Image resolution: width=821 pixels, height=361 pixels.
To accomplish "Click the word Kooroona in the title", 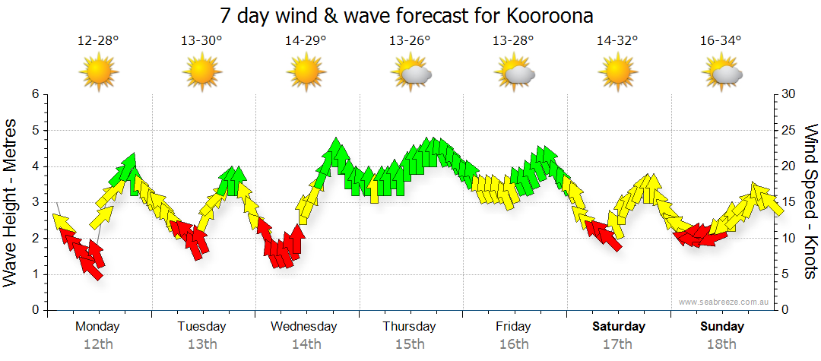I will click(x=545, y=15).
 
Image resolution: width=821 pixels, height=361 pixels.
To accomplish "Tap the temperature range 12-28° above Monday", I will click(x=98, y=41).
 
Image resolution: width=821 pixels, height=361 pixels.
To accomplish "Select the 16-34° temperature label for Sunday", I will click(x=721, y=41).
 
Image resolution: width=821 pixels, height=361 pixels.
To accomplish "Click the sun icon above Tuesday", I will click(x=202, y=73).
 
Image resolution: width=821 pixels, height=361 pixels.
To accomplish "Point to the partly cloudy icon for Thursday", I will click(x=411, y=73).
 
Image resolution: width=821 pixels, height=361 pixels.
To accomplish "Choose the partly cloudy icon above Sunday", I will click(x=722, y=73).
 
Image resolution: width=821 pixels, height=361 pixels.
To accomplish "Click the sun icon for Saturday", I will click(x=617, y=73).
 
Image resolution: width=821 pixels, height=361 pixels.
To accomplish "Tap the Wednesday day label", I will click(x=304, y=327).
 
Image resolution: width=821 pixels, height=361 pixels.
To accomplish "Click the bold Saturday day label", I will click(x=619, y=327).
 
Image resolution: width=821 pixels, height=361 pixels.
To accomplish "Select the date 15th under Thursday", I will click(x=410, y=344).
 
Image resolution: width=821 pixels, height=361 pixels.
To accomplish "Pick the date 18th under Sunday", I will click(x=722, y=344).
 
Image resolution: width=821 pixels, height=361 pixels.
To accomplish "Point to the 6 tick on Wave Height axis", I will click(x=34, y=94).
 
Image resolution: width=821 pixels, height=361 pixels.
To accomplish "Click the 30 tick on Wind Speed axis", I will click(x=789, y=94).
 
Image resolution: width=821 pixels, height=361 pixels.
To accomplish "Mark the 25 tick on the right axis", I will click(x=789, y=130).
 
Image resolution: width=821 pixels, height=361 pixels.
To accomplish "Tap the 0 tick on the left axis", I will click(x=34, y=310).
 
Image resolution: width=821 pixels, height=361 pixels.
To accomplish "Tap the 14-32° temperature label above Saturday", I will click(x=617, y=41).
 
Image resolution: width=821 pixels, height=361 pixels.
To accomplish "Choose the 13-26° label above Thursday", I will click(x=410, y=41).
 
